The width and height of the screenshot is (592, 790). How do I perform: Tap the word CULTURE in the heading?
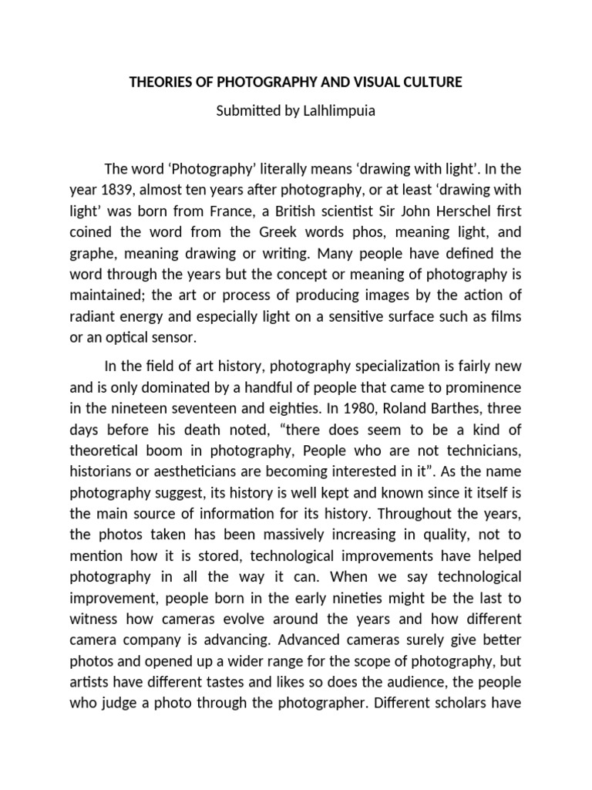click(x=433, y=82)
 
